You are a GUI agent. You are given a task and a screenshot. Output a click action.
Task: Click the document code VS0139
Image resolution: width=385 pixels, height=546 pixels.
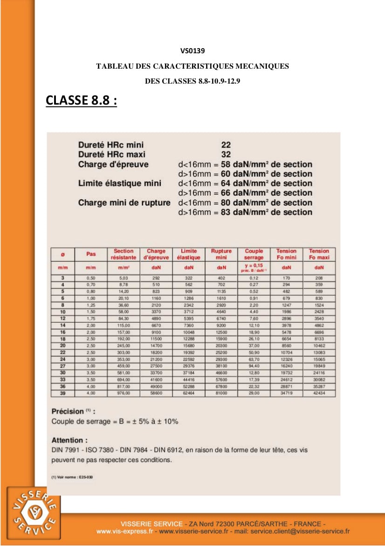[192, 50]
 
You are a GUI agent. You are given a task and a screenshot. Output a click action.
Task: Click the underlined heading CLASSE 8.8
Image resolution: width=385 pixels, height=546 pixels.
[81, 100]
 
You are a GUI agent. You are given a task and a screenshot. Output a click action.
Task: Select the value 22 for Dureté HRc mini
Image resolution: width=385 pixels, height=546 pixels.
[226, 145]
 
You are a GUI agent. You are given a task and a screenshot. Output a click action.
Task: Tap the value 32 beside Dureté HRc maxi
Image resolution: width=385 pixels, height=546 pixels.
[226, 155]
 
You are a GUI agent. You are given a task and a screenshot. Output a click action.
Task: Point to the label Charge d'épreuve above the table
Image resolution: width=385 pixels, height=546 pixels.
[113, 164]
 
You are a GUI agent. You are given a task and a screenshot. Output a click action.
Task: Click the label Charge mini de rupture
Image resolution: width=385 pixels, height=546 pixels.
[124, 203]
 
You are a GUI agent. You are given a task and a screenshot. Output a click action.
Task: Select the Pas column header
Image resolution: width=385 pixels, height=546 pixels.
[91, 254]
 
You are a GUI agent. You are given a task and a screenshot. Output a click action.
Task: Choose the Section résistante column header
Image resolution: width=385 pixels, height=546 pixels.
[123, 254]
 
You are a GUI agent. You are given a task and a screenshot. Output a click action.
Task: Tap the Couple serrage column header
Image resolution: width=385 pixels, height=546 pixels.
[254, 254]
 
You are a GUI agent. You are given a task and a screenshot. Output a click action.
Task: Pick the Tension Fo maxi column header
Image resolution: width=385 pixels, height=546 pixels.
[319, 254]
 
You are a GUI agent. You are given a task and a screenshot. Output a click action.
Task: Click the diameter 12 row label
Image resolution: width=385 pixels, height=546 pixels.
[62, 319]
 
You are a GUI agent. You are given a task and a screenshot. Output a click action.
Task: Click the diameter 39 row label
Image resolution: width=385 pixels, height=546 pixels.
[62, 393]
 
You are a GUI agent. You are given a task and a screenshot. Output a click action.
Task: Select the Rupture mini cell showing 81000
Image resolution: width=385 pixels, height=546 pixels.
[221, 393]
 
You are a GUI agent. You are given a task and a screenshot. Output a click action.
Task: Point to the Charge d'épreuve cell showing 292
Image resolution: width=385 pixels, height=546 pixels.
[156, 278]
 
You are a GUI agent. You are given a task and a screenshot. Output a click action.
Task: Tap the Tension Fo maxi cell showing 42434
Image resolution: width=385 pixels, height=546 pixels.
[319, 393]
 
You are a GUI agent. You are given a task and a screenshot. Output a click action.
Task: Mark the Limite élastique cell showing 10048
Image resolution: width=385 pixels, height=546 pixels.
[189, 332]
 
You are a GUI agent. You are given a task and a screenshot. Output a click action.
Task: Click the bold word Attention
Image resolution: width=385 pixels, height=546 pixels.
[69, 440]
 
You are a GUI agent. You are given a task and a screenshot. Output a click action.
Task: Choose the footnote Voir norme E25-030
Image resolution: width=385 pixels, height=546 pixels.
[73, 477]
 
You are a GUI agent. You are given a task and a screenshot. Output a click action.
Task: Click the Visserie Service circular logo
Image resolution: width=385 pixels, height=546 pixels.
[34, 514]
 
